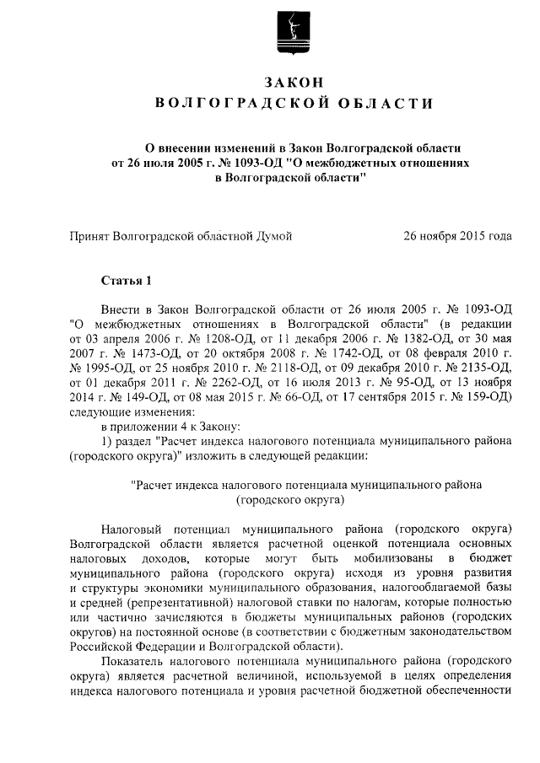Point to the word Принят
pos(90,237)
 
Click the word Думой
pos(273,237)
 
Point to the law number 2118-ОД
pos(272,368)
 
